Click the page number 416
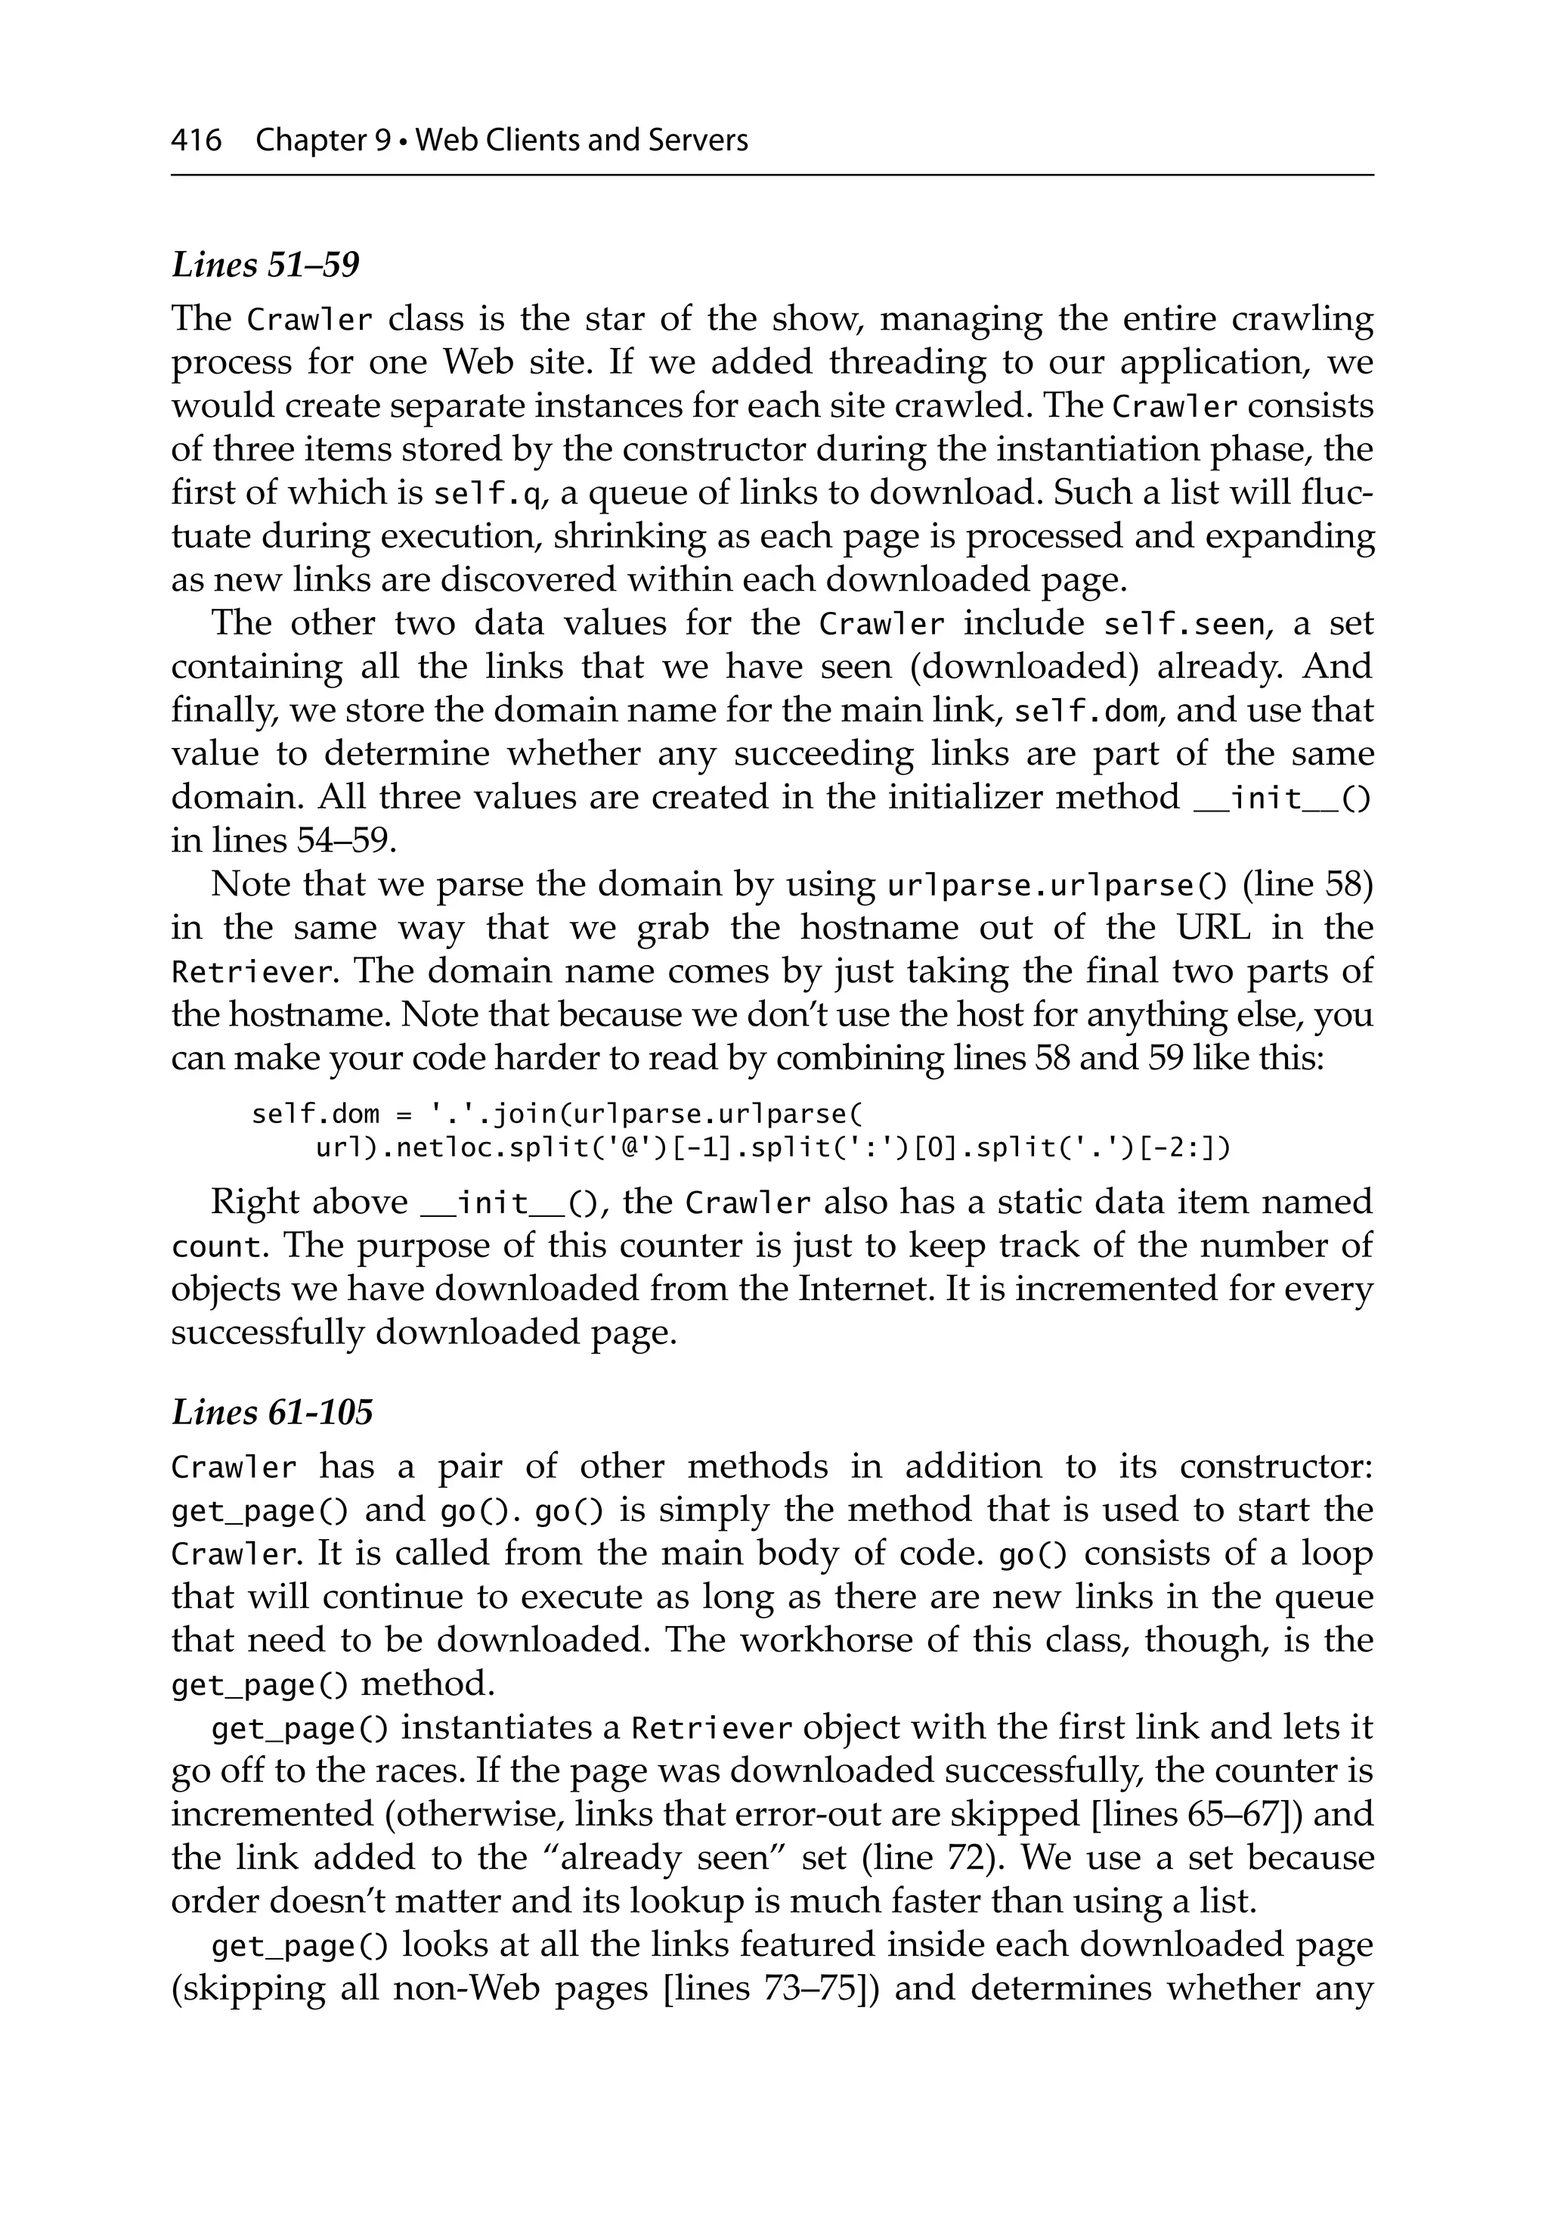[x=197, y=141]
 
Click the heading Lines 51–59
[x=265, y=264]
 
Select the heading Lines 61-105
[x=272, y=1412]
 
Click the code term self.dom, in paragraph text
[x=1085, y=712]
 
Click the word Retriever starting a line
[x=255, y=972]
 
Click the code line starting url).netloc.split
[x=772, y=1148]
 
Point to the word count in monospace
[x=218, y=1246]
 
